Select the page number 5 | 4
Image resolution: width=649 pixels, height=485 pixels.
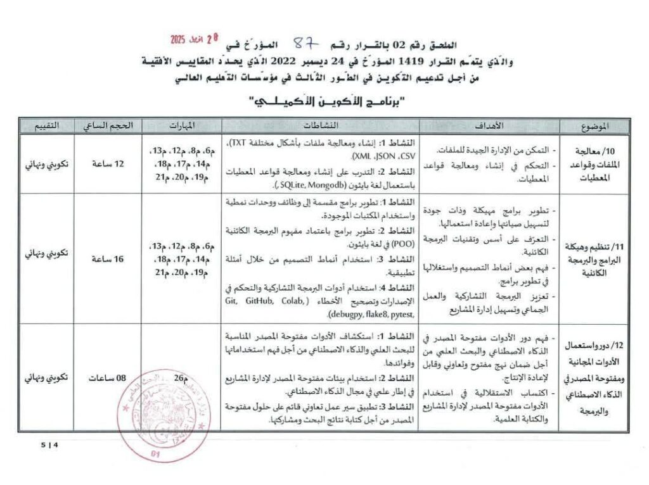49,445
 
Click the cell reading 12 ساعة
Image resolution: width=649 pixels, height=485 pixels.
106,163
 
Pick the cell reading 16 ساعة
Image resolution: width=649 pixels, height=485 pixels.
106,260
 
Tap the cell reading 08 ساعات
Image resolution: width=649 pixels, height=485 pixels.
106,378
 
